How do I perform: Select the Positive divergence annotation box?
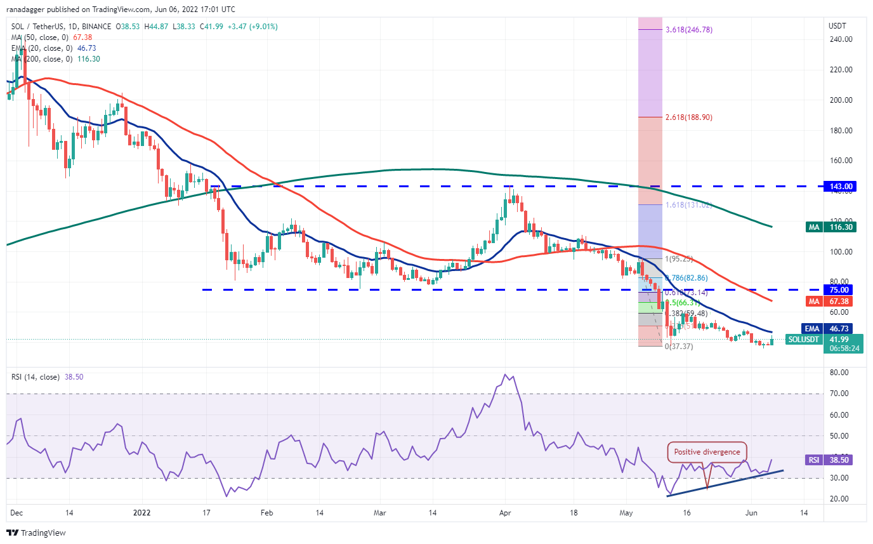coord(707,452)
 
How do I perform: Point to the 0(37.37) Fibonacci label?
coord(679,346)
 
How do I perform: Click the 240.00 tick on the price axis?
coord(841,39)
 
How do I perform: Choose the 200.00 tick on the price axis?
coord(841,100)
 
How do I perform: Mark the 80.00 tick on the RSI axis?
coord(838,373)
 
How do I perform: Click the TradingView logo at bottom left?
coord(36,533)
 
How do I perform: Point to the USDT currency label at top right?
coord(838,26)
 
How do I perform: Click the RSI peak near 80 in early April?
coord(506,375)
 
